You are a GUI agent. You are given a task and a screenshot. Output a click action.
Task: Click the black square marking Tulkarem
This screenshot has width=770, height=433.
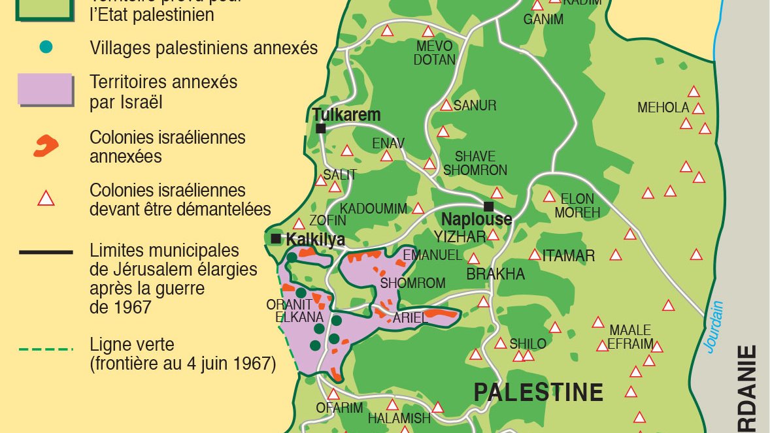pos(320,128)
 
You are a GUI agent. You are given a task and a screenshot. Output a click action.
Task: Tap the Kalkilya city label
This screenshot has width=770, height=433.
pos(315,240)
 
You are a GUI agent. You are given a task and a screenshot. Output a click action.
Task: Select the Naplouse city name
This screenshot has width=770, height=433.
pos(477,219)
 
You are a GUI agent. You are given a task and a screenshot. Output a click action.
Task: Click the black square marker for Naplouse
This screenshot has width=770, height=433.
pos(488,206)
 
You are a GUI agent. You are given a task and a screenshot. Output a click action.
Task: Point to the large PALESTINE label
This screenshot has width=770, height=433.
pos(538,393)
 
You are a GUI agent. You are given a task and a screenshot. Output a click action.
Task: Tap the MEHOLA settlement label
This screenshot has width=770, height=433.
pos(663,108)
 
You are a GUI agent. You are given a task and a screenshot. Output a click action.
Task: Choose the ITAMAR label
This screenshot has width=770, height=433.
pos(569,256)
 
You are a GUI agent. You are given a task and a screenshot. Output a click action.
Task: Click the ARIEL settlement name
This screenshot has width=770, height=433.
pos(410,318)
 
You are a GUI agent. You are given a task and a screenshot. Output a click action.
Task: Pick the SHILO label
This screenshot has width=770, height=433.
pos(528,344)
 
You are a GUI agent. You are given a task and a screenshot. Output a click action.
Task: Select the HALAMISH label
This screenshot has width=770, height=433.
pos(399,418)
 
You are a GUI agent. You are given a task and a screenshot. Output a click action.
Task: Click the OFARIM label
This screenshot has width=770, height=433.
pos(339,408)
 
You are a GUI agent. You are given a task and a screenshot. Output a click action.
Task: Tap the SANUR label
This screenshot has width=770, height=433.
pos(475,105)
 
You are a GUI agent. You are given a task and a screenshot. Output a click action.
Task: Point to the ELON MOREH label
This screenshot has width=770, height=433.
pos(577,206)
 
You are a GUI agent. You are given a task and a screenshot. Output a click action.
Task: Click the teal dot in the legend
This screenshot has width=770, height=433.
pos(46,47)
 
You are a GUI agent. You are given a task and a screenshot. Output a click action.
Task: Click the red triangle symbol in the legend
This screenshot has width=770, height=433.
pos(46,198)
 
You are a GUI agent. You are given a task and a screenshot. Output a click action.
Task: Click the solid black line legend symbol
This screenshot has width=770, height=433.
pos(45,251)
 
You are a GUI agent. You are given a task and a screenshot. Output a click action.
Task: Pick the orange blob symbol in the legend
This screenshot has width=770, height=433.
pos(45,146)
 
